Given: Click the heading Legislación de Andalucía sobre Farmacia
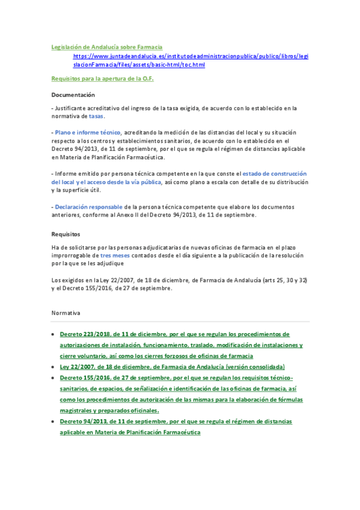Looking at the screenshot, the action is pos(107,46).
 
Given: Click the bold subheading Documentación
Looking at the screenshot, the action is pos(73,95).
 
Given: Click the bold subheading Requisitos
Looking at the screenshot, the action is pos(66,234).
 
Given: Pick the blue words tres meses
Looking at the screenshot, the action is pos(120,255).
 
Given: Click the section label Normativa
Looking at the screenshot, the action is pos(66,313).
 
